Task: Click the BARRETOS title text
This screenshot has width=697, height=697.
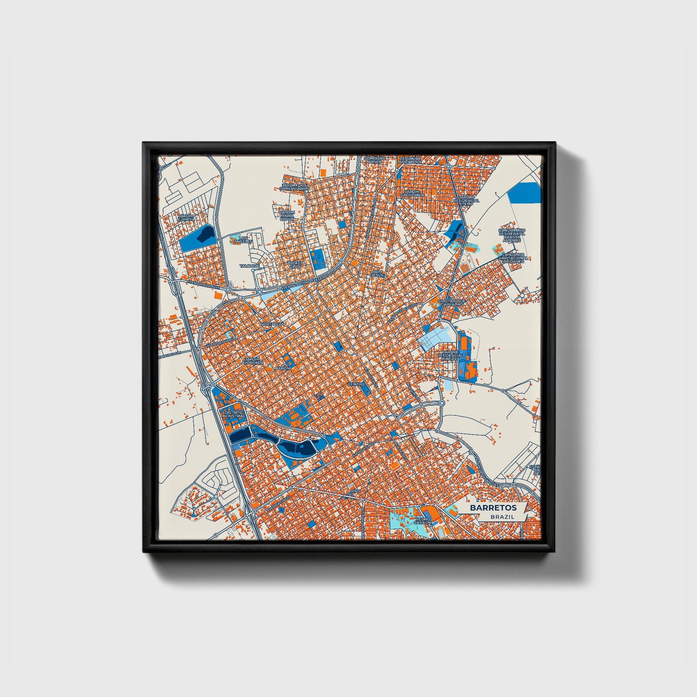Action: pos(493,508)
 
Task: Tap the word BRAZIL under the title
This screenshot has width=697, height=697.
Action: pos(502,516)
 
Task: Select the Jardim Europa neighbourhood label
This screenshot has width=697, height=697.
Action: pos(186,217)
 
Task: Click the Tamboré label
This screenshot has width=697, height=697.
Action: pos(250,266)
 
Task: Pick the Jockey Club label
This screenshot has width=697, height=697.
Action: pos(295,265)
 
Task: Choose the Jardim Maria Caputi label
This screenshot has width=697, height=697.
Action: pos(287,216)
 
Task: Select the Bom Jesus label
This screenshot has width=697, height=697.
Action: pos(378,273)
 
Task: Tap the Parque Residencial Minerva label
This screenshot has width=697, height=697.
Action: pos(450,355)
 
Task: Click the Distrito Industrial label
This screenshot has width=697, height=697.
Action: pos(234,414)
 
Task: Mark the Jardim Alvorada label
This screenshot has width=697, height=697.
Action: pos(254,360)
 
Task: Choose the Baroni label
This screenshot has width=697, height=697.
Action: pos(283,368)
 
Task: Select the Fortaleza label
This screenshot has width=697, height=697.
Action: pos(273,324)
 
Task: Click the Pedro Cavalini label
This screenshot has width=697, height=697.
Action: pos(423,520)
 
